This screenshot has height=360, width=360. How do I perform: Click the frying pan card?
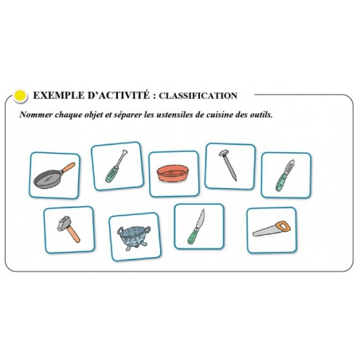(x=55, y=174)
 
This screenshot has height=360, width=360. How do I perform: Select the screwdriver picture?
(x=116, y=166)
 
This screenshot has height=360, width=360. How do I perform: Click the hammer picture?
(x=68, y=229)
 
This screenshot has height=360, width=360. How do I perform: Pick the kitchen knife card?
(x=198, y=225)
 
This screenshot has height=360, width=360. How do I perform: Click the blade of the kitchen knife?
(x=201, y=217)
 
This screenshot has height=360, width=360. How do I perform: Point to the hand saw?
(x=271, y=229)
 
